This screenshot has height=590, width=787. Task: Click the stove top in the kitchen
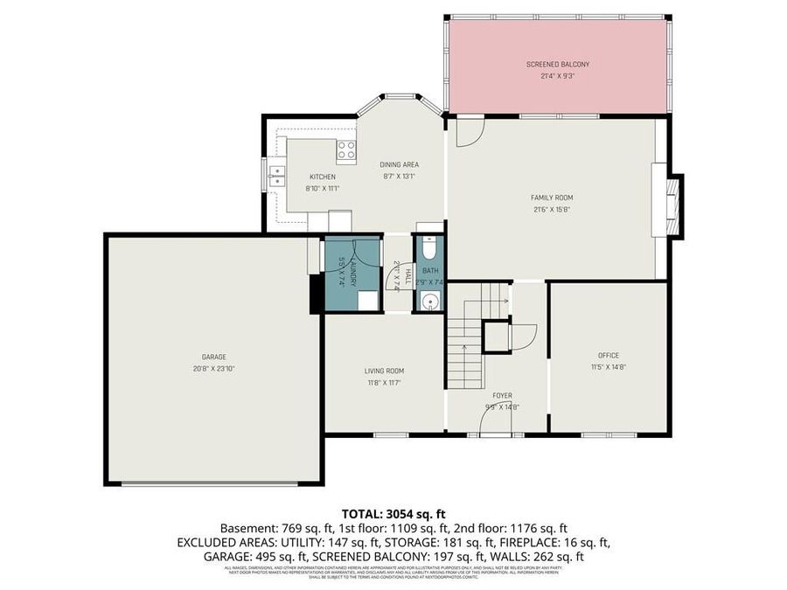coord(346,149)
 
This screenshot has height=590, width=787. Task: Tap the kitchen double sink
coord(276,175)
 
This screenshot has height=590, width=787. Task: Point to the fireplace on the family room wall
coord(672,206)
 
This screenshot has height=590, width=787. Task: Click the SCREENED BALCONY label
coord(557,65)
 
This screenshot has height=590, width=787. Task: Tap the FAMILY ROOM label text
coord(552,198)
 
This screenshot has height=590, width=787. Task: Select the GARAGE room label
coord(213,357)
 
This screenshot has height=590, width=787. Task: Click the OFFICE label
coord(608,355)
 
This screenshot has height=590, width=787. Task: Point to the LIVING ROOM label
coord(384,371)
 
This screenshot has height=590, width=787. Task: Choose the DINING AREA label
coord(399,164)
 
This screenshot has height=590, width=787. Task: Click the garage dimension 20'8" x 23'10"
coord(213,369)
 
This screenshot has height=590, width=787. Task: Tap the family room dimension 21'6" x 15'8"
coord(552,210)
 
